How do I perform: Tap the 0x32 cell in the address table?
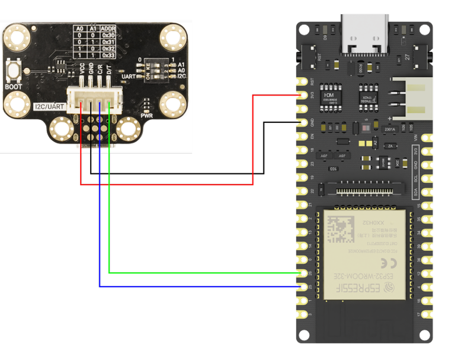click(108, 49)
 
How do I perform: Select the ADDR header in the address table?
click(108, 28)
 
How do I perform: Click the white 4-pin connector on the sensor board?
click(95, 99)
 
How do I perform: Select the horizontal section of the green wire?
click(201, 273)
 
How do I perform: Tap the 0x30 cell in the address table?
click(108, 35)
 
